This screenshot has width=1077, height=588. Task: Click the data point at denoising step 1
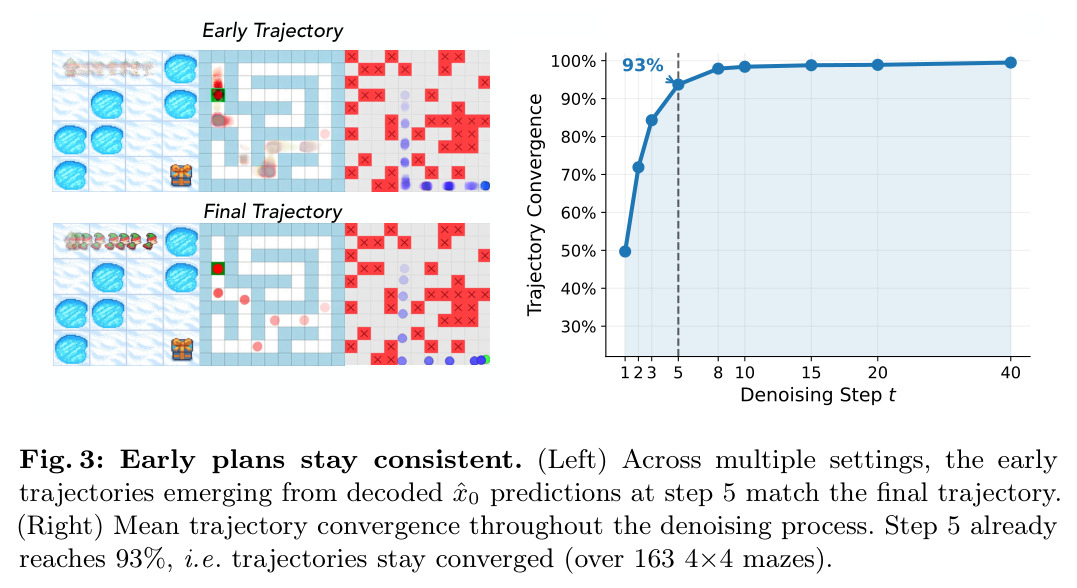pyautogui.click(x=625, y=251)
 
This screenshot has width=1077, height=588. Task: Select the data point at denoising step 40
pyautogui.click(x=1010, y=63)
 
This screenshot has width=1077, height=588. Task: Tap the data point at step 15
pyautogui.click(x=811, y=65)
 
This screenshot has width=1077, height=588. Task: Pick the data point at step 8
pyautogui.click(x=718, y=69)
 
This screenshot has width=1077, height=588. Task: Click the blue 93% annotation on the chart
pyautogui.click(x=642, y=65)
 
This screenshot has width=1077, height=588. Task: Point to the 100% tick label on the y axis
pyautogui.click(x=573, y=61)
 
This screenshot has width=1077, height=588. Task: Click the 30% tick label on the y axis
pyautogui.click(x=578, y=326)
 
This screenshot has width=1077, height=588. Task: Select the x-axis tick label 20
pyautogui.click(x=878, y=372)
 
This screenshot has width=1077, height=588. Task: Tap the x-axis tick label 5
pyautogui.click(x=678, y=372)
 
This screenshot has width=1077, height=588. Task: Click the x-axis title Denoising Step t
pyautogui.click(x=817, y=395)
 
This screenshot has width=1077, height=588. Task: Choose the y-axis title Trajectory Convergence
pyautogui.click(x=534, y=205)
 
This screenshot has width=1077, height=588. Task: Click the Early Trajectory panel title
pyautogui.click(x=272, y=31)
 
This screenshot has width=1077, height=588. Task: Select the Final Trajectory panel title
pyautogui.click(x=272, y=212)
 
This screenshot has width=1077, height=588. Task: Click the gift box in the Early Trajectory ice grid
pyautogui.click(x=181, y=174)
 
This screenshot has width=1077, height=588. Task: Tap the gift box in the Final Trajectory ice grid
pyautogui.click(x=181, y=349)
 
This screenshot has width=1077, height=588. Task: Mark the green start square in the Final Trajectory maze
pyautogui.click(x=218, y=268)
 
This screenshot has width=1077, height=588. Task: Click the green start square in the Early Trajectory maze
pyautogui.click(x=218, y=94)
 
